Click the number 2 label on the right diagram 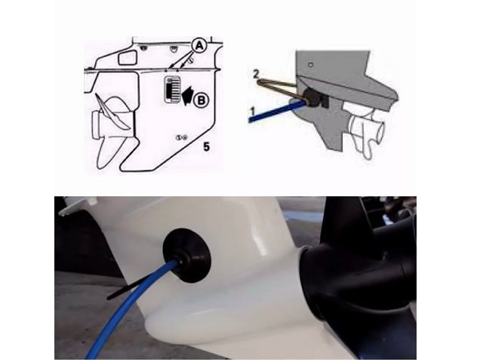256,74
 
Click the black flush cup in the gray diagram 310,97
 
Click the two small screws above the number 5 180,137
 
